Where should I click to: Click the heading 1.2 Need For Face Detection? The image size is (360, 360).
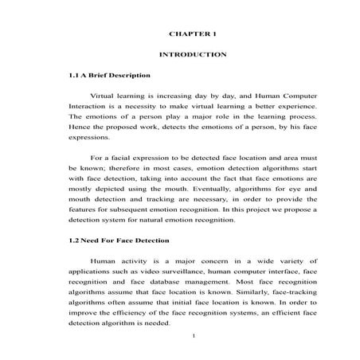119,239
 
